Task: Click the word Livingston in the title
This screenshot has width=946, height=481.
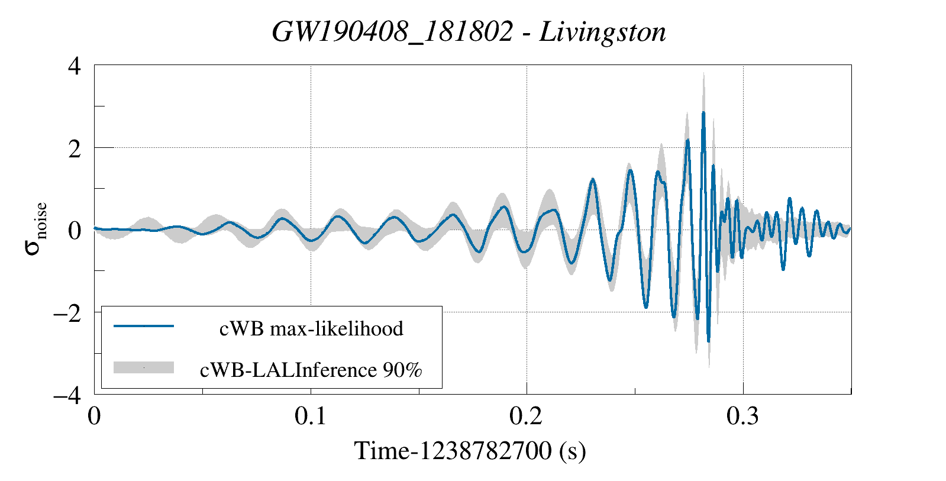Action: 602,32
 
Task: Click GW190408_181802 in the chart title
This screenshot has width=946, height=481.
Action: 392,32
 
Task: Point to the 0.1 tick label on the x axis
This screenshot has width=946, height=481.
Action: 311,417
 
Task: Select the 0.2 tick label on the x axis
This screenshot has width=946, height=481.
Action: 527,417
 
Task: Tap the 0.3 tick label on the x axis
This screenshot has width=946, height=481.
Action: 742,417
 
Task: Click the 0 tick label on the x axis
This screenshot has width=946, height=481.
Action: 94,417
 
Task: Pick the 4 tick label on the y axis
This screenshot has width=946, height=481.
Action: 74,66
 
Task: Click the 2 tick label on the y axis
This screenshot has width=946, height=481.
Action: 74,149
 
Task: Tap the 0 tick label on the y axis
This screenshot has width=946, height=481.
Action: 74,230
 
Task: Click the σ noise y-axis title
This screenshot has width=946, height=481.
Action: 35,229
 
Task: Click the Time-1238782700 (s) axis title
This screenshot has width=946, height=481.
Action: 470,451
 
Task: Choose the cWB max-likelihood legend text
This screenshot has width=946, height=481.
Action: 311,328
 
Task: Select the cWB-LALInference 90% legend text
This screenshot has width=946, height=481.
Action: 311,370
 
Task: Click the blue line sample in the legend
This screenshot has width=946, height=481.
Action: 144,326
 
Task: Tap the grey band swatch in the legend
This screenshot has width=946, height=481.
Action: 144,367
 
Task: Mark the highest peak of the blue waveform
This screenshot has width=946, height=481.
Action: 703,112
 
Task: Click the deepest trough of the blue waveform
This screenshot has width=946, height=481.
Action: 709,341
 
